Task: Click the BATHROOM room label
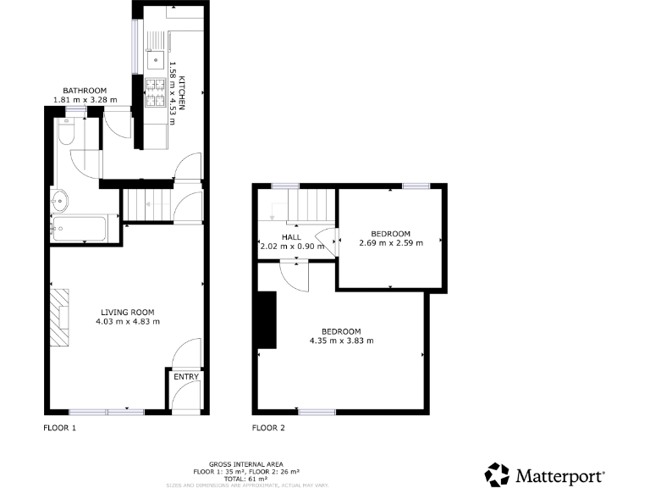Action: (x=85, y=90)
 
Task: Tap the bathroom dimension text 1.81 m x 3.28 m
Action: (x=85, y=100)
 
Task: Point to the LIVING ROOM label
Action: (x=127, y=312)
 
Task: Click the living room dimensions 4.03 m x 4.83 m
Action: (x=127, y=322)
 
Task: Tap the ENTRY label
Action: (x=185, y=377)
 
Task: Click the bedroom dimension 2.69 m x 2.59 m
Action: (x=389, y=243)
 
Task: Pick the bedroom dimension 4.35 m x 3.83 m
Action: (x=341, y=341)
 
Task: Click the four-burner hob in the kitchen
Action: (x=155, y=92)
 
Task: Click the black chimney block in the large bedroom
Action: (x=267, y=319)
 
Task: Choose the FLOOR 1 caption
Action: (x=60, y=428)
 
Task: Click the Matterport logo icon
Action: (x=498, y=474)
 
